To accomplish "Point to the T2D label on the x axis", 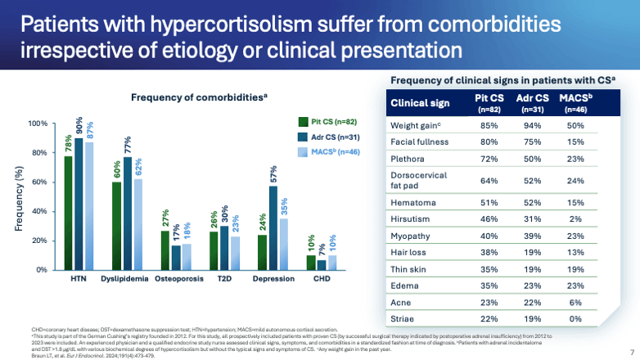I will [x=223, y=279].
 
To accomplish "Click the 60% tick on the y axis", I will [x=40, y=182].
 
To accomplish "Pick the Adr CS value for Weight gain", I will [x=533, y=127].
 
